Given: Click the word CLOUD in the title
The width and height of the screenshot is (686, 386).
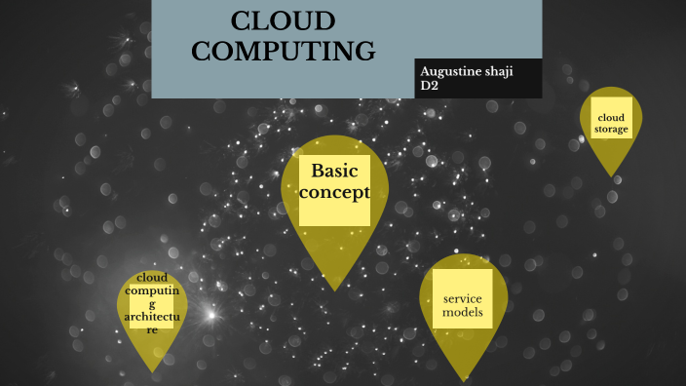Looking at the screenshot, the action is (x=283, y=21).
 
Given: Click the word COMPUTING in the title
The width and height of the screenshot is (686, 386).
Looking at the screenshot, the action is (x=283, y=51).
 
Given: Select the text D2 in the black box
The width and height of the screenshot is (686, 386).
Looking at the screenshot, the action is (x=429, y=87).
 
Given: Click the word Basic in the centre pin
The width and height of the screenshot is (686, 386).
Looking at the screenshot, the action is (x=335, y=171).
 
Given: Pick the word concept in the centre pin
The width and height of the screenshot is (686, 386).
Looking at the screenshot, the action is (x=335, y=192).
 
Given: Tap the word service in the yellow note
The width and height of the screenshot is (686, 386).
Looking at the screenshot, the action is (x=462, y=298).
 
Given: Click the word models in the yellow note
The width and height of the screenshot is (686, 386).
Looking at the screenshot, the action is (x=462, y=313).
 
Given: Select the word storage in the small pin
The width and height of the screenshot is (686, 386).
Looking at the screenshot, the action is (x=611, y=130).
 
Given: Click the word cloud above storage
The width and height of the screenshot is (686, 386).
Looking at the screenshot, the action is (x=611, y=119).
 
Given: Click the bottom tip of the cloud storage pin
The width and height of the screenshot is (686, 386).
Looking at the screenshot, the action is (x=612, y=175).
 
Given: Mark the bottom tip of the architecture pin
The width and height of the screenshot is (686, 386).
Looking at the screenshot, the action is (x=152, y=370).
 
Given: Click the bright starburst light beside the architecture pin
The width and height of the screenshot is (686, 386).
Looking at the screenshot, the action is (x=209, y=315).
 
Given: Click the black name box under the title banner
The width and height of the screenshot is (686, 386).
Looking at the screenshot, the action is (x=477, y=79).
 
